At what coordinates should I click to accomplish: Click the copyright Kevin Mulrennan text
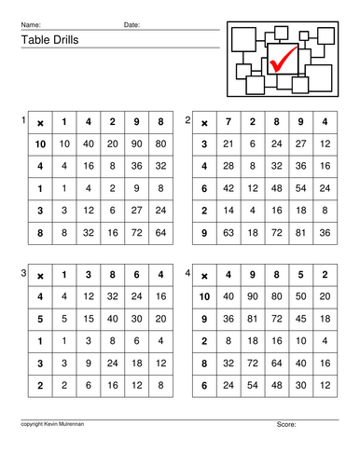[x=53, y=424]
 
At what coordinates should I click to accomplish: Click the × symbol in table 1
[x=40, y=123]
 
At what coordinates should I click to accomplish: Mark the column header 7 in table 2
[x=227, y=123]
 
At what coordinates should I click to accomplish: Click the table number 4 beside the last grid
[x=188, y=273]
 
